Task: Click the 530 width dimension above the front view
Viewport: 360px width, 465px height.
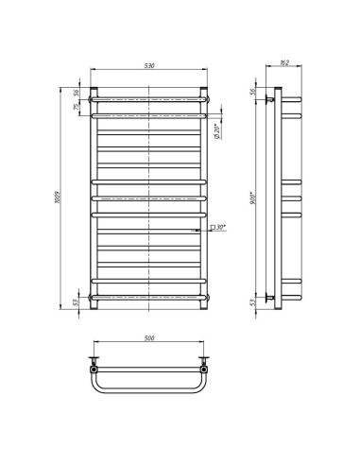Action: click(149, 66)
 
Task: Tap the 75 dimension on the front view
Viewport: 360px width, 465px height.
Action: click(77, 106)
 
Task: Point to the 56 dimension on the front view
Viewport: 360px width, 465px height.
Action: click(77, 93)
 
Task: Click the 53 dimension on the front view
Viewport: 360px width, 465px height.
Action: click(77, 303)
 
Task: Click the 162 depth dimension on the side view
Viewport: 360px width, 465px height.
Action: click(283, 65)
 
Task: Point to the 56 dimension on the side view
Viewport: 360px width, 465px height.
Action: click(253, 91)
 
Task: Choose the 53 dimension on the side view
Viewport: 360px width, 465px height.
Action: click(253, 303)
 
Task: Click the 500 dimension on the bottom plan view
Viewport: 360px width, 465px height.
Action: click(149, 337)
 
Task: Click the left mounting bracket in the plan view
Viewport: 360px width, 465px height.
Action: click(94, 360)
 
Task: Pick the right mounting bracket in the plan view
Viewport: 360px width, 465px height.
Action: click(205, 360)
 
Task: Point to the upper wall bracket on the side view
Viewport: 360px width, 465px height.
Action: click(272, 97)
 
